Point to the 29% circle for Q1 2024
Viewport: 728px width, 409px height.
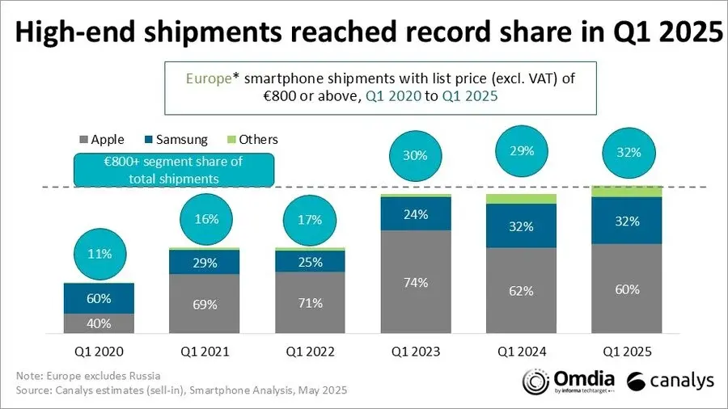click(521, 152)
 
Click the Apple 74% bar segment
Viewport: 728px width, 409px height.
click(416, 282)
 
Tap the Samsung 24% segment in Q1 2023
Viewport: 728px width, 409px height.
click(416, 214)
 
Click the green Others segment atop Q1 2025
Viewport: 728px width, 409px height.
click(626, 191)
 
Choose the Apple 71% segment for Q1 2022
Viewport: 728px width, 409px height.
click(310, 302)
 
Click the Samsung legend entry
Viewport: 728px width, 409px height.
click(174, 139)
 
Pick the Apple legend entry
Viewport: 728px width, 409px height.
click(100, 139)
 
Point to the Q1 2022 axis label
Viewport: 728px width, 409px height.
click(310, 352)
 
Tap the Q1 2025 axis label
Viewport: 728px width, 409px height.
click(626, 352)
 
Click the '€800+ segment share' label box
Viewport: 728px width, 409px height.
click(174, 169)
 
